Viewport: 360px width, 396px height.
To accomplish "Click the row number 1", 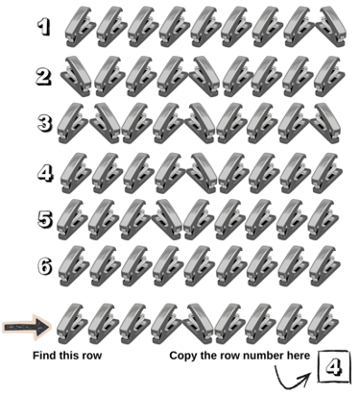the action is click(44, 27).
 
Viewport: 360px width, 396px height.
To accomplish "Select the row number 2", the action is click(43, 77).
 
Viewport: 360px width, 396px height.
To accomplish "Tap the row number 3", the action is click(44, 123).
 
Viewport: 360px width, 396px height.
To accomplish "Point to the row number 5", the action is click(45, 219).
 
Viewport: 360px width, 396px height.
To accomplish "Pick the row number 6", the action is click(45, 266).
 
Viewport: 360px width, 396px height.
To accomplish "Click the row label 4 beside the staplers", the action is click(45, 173).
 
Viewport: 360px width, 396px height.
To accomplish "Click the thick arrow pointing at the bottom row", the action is click(27, 327).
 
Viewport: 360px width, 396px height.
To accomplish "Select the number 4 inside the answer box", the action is click(334, 367).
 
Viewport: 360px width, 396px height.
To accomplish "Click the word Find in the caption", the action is click(42, 356).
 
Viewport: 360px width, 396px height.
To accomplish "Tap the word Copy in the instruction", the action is click(182, 356).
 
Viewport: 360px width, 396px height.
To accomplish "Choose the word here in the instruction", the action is click(300, 356).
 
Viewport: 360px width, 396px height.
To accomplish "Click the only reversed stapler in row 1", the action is click(331, 26).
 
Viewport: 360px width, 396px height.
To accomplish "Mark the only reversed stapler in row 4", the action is click(203, 173).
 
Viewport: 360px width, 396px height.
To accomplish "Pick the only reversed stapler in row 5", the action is click(167, 219).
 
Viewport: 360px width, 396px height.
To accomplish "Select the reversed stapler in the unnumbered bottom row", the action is click(198, 324).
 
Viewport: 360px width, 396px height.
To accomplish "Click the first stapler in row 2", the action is click(76, 76).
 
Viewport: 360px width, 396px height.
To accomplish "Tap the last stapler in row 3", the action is click(325, 123).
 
